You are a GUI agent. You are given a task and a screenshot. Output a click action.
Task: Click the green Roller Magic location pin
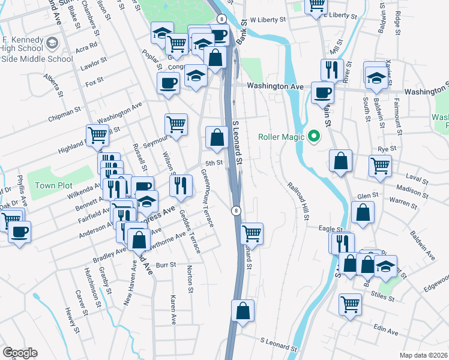(313, 136)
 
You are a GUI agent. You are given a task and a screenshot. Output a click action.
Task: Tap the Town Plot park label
(53, 185)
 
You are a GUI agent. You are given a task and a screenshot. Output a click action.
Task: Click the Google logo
(20, 353)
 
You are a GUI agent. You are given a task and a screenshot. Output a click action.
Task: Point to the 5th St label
(214, 163)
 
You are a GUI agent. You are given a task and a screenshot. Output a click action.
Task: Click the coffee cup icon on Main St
(322, 93)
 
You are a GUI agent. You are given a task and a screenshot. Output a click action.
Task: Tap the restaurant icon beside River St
(332, 70)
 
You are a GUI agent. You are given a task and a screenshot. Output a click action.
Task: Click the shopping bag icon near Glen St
(363, 212)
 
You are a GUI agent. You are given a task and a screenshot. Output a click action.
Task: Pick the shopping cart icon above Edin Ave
(350, 304)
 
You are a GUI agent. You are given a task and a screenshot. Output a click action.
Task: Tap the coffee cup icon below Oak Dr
(19, 232)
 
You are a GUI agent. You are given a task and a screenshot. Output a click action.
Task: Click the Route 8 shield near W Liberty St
(221, 19)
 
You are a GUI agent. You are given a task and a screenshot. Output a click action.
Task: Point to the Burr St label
(165, 264)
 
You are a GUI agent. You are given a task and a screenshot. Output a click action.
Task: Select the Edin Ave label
(385, 331)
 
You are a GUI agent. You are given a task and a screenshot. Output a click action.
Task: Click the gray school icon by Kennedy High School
(52, 43)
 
